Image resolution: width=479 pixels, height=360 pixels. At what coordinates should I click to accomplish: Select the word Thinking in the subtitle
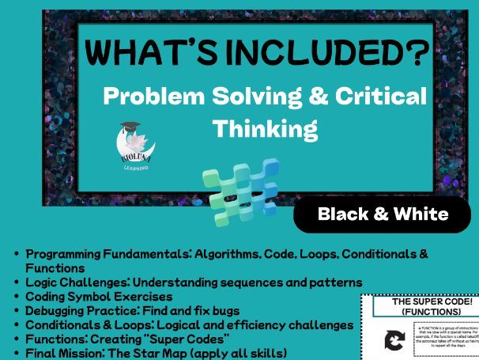coord(266,127)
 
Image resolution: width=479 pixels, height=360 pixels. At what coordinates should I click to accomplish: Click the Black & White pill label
coord(383,214)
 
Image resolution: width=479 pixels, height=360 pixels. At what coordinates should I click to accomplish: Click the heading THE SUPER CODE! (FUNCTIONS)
coord(420,307)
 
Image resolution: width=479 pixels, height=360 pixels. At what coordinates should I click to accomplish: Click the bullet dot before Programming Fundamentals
coord(17,255)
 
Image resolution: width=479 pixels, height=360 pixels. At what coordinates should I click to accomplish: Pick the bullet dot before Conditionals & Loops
coord(17,324)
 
